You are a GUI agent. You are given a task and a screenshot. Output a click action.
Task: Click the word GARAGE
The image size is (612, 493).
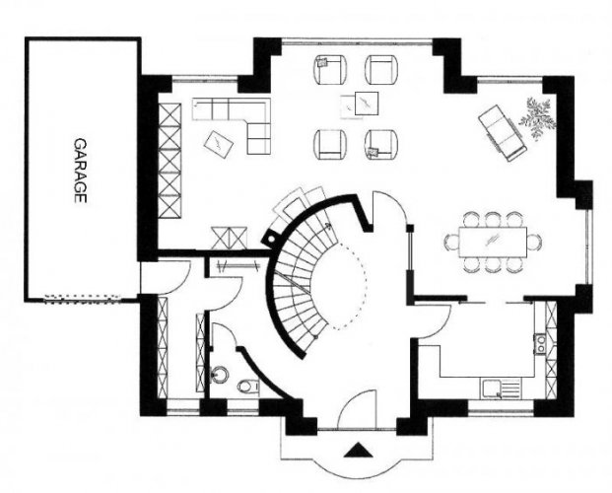coord(80,171)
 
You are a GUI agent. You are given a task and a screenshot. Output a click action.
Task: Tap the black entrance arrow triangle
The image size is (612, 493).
coord(358,450)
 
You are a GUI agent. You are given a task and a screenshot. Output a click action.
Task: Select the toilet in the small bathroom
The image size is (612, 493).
coord(247,386)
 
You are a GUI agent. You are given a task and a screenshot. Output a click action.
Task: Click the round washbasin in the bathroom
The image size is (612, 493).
coord(219,375)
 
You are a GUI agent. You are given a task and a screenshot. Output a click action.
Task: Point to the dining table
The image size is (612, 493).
coord(493,242)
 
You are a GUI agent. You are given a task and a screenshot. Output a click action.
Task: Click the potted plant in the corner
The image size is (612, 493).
coord(538,117)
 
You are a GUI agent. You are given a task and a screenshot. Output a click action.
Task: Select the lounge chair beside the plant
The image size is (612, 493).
coord(503,132)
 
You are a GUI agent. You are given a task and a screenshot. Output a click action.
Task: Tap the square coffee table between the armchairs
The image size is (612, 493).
coord(367,104)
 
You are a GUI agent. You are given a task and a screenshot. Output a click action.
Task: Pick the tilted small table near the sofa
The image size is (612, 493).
coord(219,144)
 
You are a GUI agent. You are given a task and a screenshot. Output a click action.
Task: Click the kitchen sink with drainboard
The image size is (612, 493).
coord(502,388)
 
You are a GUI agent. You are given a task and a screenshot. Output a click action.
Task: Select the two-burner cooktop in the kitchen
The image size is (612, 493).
coord(541,344)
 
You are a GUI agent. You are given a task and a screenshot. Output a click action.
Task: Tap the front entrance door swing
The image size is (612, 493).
coord(356,408)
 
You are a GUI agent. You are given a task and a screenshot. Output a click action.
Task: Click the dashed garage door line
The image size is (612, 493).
coord(83,299)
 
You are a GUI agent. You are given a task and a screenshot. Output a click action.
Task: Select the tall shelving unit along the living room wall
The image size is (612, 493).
coord(170,160)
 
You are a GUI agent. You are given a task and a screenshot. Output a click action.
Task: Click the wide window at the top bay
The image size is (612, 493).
coord(357,40)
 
